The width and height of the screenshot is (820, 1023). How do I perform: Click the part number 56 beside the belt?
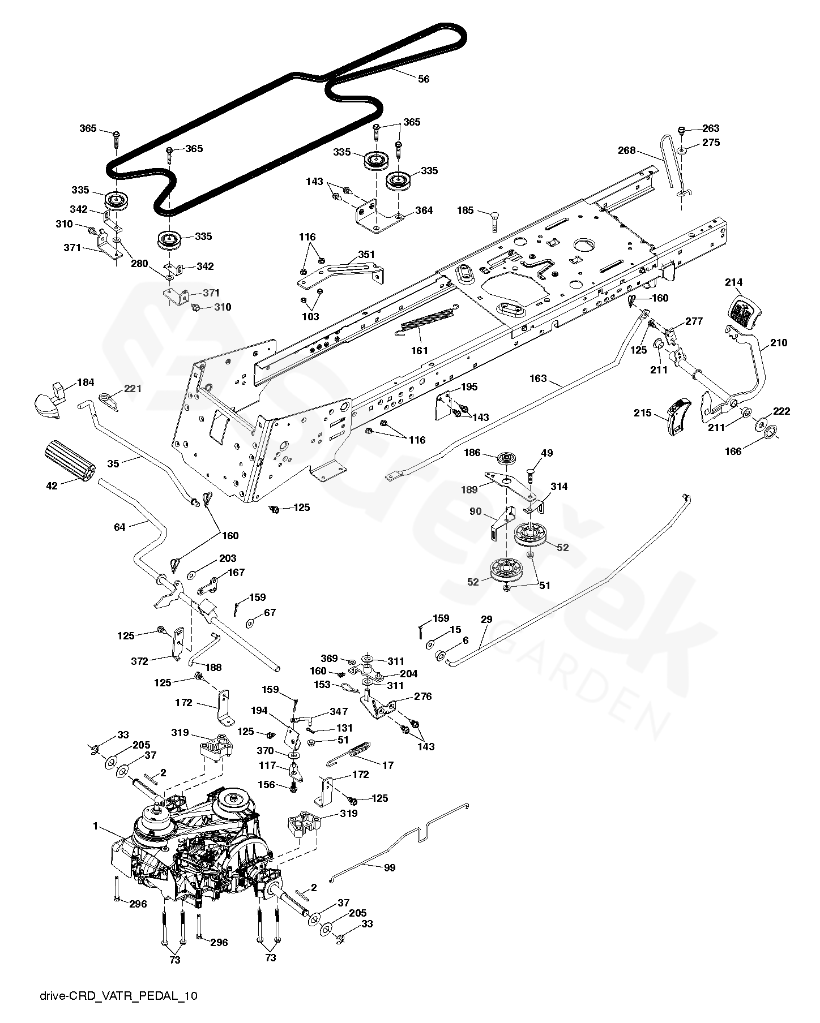423,79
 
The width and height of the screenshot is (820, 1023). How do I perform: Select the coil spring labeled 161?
429,321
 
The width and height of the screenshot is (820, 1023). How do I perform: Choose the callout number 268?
627,151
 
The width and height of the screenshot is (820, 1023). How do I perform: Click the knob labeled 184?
48,401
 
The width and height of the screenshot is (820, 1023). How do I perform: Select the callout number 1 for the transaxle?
96,827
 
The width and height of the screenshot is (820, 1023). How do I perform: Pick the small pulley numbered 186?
506,457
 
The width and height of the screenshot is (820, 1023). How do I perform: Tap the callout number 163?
539,379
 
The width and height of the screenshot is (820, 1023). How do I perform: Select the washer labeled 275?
682,151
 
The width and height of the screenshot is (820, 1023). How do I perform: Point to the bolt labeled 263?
682,131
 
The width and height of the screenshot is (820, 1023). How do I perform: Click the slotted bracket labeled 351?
342,273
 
